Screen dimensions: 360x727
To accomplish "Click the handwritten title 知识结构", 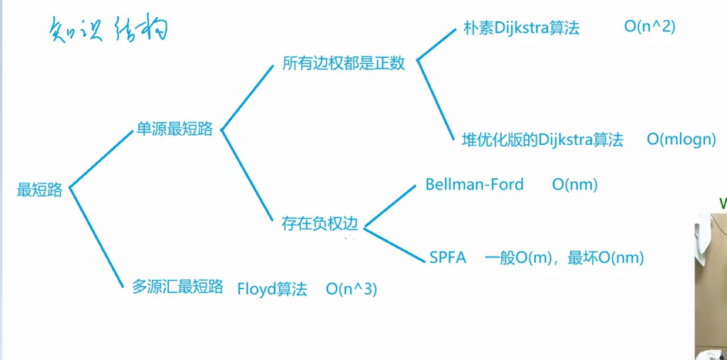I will pos(107,29).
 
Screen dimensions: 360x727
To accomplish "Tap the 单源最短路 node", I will pos(174,130).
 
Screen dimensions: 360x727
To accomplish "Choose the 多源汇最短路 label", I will pos(177,287).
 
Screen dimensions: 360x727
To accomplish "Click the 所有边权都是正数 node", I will pos(343,63).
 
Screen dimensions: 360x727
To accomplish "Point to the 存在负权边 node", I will pos(320,224).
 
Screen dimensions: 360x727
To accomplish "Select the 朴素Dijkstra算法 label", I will pos(521,28).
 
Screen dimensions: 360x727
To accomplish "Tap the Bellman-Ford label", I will pos(474,184).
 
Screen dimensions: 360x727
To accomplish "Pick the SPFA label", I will pos(448,257).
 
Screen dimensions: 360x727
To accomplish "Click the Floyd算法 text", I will pos(272,289).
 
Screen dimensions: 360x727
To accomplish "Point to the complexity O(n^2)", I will pos(650,27).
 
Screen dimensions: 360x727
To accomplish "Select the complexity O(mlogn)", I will pos(682,140).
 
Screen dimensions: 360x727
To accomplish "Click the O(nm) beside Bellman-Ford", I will pos(575,184).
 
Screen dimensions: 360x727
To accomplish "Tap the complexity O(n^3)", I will pos(352,289).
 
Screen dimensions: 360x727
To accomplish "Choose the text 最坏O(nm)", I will pos(605,257).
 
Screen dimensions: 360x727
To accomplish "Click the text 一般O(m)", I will pos(516,257).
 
